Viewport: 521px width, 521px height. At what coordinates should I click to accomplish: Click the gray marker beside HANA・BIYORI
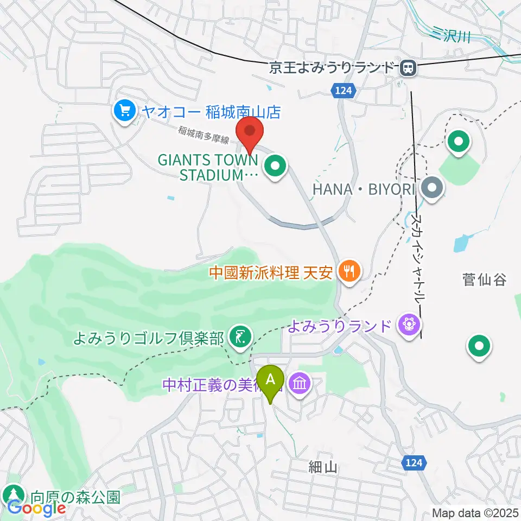click(433, 189)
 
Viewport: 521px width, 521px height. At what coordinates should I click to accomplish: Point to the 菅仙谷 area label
click(484, 280)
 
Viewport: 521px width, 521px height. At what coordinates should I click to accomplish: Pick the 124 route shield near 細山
click(415, 462)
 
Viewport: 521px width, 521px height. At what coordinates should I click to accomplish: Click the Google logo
click(37, 507)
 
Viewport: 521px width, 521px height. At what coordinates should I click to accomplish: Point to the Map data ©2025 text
click(475, 512)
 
